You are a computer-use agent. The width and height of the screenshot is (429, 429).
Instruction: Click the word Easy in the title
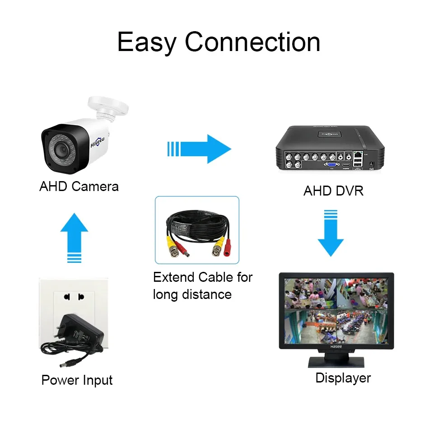point(147,42)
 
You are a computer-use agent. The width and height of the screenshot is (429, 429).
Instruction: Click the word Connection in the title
point(252,42)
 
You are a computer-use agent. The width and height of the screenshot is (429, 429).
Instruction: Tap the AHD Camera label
point(79,187)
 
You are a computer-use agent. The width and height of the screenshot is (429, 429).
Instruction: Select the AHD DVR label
point(333,191)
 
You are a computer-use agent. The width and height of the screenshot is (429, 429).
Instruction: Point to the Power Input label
point(77,380)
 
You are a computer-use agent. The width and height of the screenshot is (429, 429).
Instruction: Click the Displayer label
point(343,378)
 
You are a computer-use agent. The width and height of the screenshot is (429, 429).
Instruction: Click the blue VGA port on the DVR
point(331,166)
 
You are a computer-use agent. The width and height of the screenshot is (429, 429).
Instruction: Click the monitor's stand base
point(336,361)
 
